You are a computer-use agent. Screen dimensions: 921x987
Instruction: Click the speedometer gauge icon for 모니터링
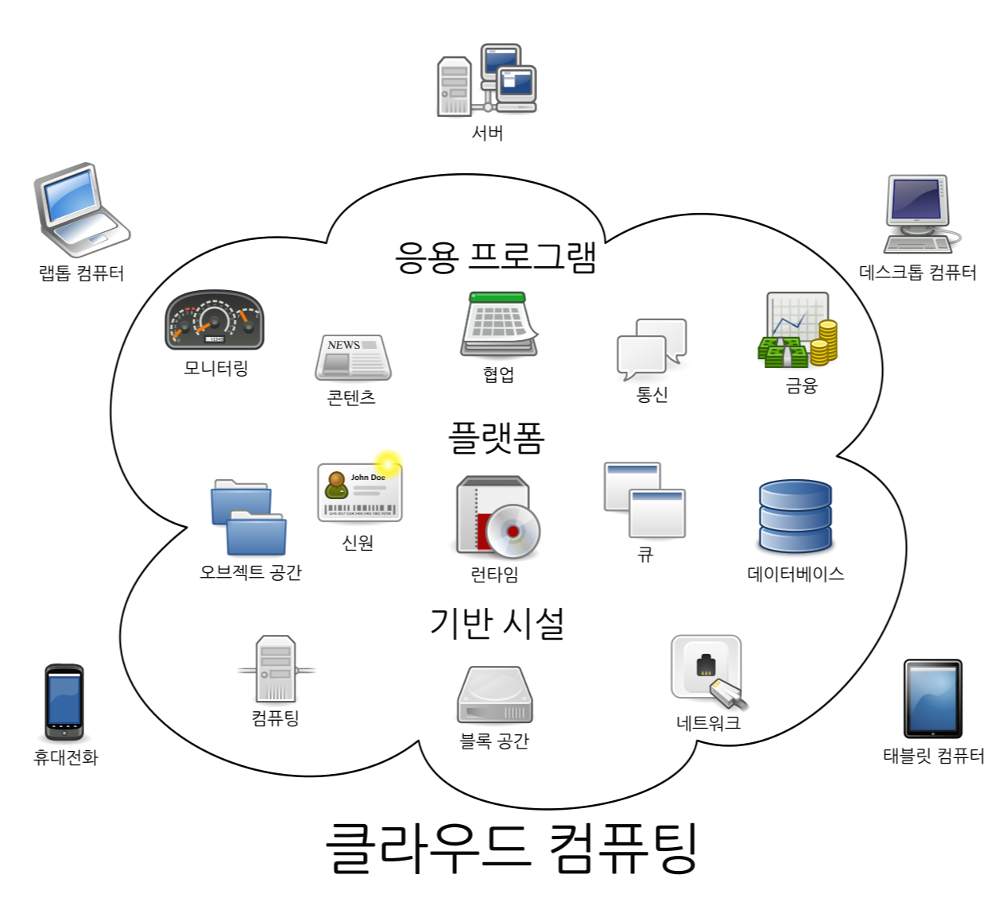pos(214,320)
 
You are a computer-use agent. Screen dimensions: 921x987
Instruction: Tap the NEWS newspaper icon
pos(353,358)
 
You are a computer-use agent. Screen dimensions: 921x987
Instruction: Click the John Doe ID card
pos(359,493)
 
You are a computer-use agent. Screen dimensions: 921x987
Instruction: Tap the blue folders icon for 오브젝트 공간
pos(249,517)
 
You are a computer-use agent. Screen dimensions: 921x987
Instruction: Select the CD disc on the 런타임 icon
pos(513,531)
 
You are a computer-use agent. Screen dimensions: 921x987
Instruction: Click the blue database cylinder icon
pos(795,517)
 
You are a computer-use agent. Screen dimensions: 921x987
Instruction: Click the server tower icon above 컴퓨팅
pos(276,668)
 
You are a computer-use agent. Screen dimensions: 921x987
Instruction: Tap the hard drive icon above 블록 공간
pos(494,695)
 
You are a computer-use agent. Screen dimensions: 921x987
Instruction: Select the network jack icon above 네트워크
pos(707,670)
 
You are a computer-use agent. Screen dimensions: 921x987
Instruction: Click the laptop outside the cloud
pos(80,210)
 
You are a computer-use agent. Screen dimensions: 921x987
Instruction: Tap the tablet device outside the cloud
pos(933,698)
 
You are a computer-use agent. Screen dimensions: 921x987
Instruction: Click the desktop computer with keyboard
pos(919,214)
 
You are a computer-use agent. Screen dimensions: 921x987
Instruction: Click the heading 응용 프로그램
pos(495,257)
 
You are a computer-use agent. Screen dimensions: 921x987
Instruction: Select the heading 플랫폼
pos(496,438)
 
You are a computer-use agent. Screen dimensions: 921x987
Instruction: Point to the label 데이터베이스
pos(795,574)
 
